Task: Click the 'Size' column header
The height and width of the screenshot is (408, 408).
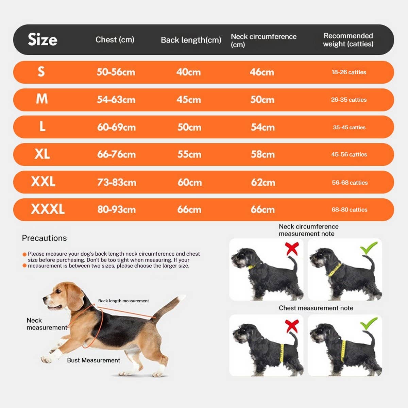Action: pos(42,39)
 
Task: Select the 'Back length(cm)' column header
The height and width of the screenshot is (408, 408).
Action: pos(191,40)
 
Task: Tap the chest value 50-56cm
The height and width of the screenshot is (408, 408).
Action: pos(116,72)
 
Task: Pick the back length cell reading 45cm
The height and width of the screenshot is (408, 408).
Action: pos(189,100)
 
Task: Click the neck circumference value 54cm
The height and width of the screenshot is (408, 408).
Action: pos(263,127)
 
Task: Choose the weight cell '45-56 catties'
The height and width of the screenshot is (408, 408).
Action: pos(349,154)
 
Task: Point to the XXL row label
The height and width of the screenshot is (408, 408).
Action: pos(43,182)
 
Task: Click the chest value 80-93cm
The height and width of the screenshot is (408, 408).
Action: pos(117,209)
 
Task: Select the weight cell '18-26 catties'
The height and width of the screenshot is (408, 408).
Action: pos(349,72)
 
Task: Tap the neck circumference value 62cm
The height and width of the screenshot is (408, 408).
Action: pos(263,182)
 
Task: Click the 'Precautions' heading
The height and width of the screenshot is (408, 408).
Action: pos(44,238)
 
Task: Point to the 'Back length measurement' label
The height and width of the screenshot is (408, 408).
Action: pos(123,301)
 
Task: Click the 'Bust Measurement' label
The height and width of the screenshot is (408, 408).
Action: pos(93,360)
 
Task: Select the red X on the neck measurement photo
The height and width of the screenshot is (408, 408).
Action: pos(292,249)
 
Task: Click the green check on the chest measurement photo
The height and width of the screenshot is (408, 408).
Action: pos(369,324)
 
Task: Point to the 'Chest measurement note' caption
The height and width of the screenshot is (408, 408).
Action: pos(316,308)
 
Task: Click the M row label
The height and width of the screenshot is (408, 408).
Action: pos(42,99)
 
